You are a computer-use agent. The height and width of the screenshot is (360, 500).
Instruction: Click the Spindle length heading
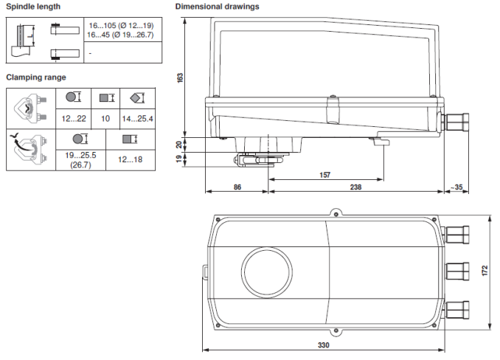33,7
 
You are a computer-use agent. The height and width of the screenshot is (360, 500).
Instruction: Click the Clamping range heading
36,77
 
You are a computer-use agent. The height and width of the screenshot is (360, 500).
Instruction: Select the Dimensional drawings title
217,7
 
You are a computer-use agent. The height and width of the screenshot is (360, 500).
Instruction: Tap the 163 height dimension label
180,77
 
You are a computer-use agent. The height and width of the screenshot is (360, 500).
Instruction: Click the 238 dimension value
355,187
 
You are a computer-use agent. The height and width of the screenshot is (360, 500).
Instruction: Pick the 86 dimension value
237,187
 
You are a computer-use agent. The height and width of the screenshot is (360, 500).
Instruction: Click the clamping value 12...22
74,118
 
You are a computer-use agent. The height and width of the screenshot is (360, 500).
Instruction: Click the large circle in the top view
266,271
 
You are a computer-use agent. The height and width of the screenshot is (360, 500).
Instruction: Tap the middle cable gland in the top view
457,270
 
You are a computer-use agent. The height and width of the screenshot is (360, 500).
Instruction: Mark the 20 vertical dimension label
180,144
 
